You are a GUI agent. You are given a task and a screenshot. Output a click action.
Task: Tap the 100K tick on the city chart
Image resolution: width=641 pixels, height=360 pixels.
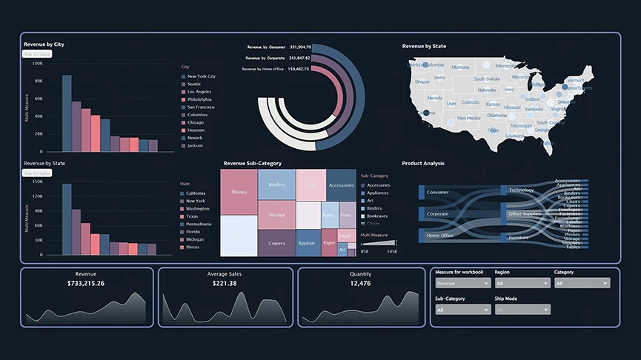click(37, 63)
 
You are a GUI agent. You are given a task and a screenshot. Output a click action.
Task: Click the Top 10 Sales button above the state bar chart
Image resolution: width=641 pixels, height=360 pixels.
click(37, 173)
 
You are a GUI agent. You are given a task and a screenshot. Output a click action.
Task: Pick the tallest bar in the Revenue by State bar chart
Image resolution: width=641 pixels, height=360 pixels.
click(67, 219)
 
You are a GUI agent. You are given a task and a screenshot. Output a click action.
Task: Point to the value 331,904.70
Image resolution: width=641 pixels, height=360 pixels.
click(300, 46)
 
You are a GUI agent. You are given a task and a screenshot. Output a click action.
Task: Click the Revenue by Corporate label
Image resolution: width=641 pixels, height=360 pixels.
click(265, 57)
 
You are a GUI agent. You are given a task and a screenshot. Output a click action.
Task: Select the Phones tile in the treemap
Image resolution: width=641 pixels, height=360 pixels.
click(239, 192)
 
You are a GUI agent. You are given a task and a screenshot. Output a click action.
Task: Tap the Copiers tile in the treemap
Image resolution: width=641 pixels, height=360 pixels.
click(276, 243)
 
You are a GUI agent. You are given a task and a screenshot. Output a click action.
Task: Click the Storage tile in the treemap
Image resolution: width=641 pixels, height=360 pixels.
click(276, 215)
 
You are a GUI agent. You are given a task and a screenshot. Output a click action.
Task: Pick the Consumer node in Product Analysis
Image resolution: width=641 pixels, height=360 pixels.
click(438, 192)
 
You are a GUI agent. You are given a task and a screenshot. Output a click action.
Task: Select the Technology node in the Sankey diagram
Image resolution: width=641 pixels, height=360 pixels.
click(521, 190)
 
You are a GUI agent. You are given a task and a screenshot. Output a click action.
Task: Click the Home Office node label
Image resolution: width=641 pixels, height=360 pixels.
click(439, 236)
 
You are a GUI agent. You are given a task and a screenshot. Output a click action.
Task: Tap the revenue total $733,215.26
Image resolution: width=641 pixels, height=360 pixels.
click(86, 283)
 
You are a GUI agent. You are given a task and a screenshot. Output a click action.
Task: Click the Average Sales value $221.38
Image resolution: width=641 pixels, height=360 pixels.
click(225, 283)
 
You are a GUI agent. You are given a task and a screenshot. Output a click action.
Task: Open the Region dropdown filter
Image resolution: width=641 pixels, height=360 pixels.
click(522, 283)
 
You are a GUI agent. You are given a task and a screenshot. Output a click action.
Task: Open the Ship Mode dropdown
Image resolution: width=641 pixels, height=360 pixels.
click(522, 310)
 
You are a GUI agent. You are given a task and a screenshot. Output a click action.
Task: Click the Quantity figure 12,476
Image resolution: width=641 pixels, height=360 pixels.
click(360, 283)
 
